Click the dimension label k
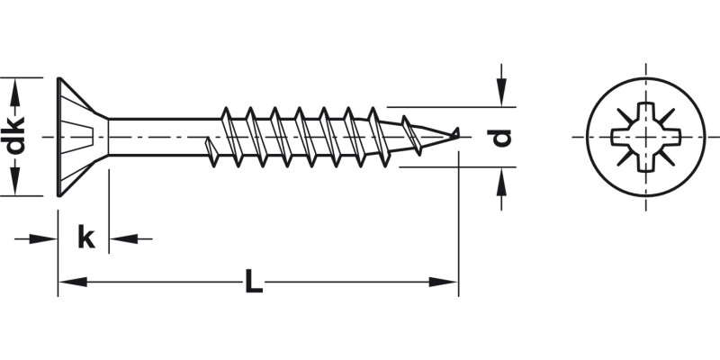pos(85,238)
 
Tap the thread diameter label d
pos(502,137)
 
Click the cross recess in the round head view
pos(645,137)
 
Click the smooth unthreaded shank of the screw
pos(162,136)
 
